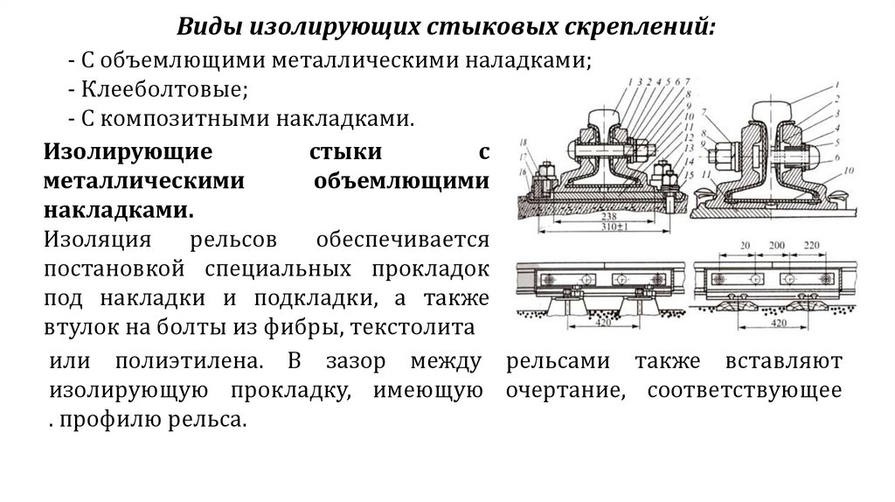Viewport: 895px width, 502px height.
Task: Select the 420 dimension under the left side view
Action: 597,324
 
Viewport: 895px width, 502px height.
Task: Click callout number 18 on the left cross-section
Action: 523,142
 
